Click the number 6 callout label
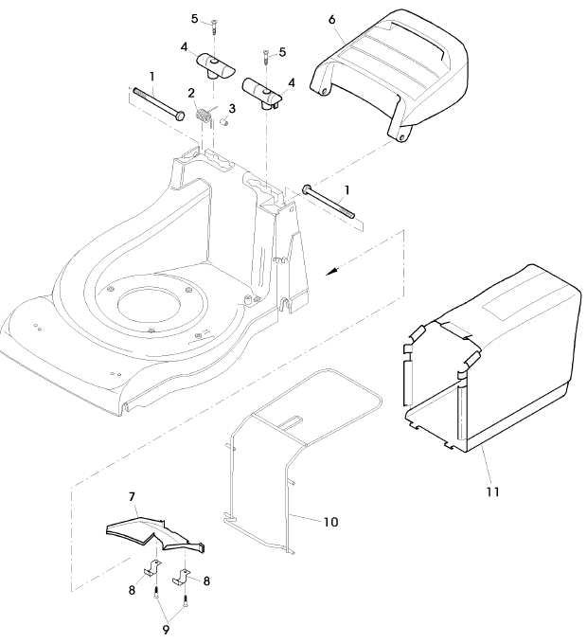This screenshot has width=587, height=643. click(x=331, y=19)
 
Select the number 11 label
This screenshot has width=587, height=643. click(x=490, y=491)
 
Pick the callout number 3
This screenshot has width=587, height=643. click(x=232, y=108)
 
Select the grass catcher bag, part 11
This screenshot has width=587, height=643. click(x=502, y=360)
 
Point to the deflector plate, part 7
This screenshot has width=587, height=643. click(x=156, y=530)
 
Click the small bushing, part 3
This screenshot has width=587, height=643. click(x=225, y=121)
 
